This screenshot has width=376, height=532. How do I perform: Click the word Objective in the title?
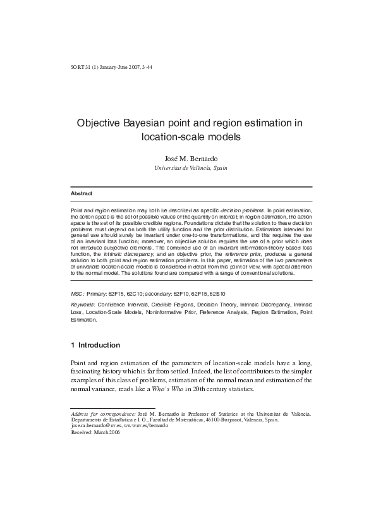click(x=100, y=123)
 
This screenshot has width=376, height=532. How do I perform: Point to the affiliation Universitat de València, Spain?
click(x=191, y=168)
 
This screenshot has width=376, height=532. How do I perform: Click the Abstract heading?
click(x=81, y=193)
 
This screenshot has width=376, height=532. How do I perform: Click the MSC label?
click(x=76, y=294)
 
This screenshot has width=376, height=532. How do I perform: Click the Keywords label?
click(x=83, y=305)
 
